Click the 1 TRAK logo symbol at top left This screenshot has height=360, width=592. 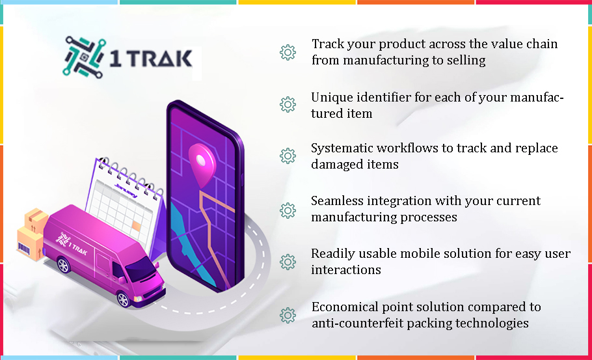coord(83,57)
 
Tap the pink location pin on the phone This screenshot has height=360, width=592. coord(202,165)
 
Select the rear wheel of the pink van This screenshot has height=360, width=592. coord(64,265)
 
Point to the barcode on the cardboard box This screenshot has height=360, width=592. coord(24,249)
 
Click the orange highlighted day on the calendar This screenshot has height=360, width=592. coord(136,226)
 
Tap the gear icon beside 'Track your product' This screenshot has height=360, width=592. coord(288,52)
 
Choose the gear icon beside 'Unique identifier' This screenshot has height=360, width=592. coord(288,105)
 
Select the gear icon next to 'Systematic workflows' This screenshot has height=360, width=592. coord(288,156)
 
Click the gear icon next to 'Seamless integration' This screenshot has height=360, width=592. coord(288,210)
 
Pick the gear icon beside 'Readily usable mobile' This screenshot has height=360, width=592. coord(288,262)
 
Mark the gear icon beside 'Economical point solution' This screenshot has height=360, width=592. coord(288,316)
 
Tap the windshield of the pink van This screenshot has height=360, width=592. coord(141,269)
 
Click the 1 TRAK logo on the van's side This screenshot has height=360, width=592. coord(72,243)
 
